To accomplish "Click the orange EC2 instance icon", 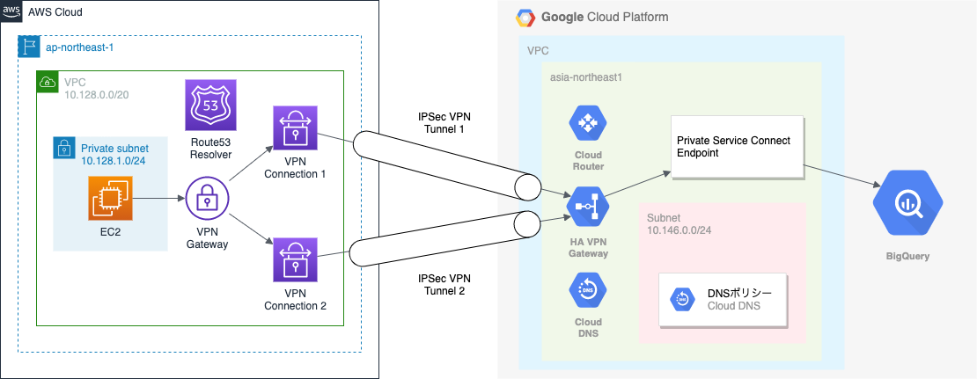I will point(110,196).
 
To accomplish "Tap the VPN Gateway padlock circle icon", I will point(206,202).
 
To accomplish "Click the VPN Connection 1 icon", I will point(294,128).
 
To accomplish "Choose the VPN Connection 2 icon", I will point(294,260).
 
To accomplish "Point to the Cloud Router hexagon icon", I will point(585,124).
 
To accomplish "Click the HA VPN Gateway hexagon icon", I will point(585,207).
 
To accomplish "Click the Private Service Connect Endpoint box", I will point(738,146).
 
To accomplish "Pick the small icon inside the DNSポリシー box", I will point(682,299).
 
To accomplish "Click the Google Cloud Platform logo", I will point(525,17).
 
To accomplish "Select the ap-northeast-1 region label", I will point(79,46).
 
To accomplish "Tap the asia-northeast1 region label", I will point(585,77).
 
